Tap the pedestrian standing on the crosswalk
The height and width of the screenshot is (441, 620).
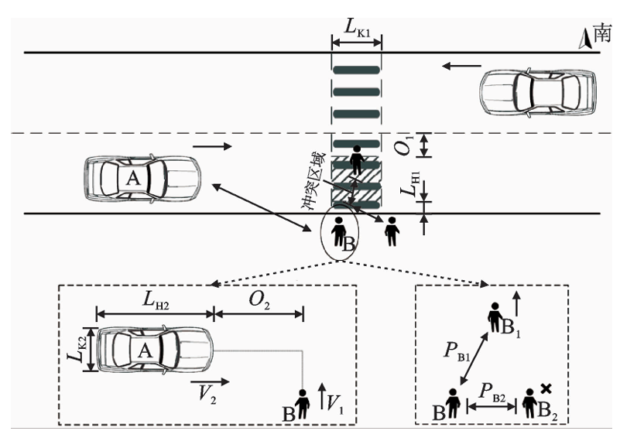click(x=356, y=159)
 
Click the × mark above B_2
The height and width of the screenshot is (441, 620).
click(x=546, y=388)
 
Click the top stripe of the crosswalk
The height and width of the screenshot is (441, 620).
click(x=357, y=70)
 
